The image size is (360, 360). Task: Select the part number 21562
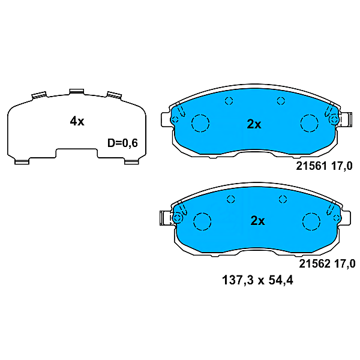point(313,263)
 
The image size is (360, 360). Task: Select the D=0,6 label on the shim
point(122,143)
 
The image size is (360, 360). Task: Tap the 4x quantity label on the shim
point(77,121)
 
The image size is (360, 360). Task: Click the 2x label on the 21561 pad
point(254,124)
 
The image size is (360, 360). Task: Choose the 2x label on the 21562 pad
point(257,221)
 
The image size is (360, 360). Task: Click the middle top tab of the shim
point(76,91)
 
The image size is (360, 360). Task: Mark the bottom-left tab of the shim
point(22,160)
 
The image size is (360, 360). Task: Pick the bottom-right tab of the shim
point(130,160)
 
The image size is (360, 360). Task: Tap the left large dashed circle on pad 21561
point(200,124)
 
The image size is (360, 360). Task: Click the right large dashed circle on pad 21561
point(309,124)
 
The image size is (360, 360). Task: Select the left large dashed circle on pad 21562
point(204,221)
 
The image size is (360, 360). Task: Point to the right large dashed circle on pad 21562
point(312,221)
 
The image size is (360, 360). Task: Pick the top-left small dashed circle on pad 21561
point(227,101)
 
